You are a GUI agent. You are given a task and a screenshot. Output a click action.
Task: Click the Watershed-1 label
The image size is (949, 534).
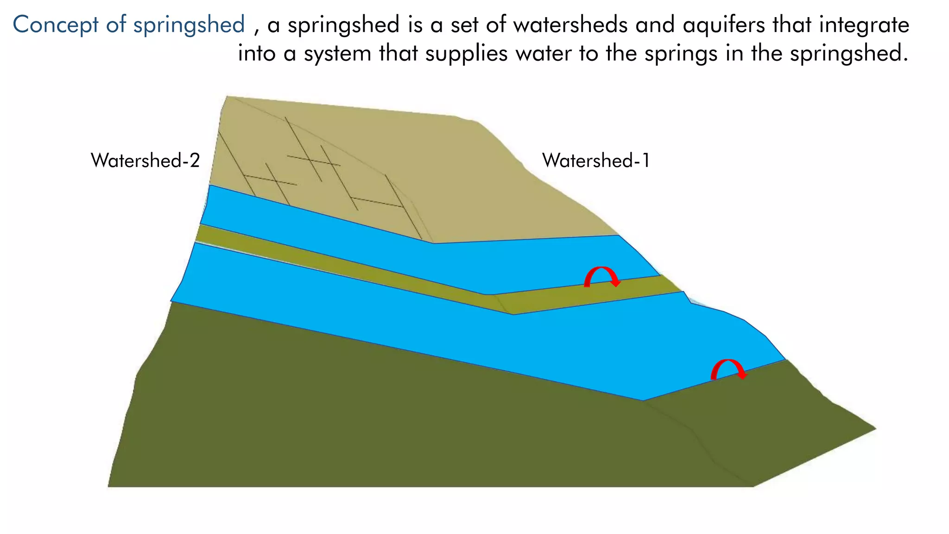pyautogui.click(x=596, y=161)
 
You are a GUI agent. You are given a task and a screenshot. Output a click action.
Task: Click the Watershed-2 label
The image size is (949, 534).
pyautogui.click(x=145, y=160)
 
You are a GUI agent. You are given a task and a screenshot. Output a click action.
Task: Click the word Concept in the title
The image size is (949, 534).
pyautogui.click(x=56, y=25)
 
